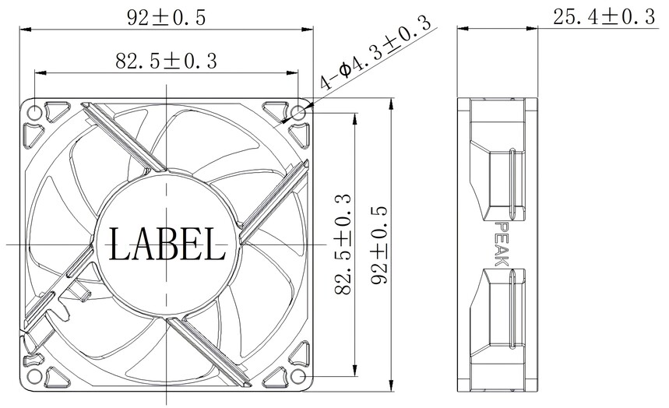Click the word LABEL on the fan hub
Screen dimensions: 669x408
[x=167, y=244]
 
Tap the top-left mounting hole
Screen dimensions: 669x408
[x=34, y=113]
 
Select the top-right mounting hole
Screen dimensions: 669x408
[x=298, y=113]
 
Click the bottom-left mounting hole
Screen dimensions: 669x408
[x=34, y=376]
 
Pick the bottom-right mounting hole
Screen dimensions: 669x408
[x=298, y=376]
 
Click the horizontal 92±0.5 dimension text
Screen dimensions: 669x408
[x=167, y=18]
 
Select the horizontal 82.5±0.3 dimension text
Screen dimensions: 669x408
[x=167, y=61]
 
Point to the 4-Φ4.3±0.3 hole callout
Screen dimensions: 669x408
[x=375, y=52]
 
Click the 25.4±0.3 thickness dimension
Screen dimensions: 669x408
[x=604, y=17]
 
